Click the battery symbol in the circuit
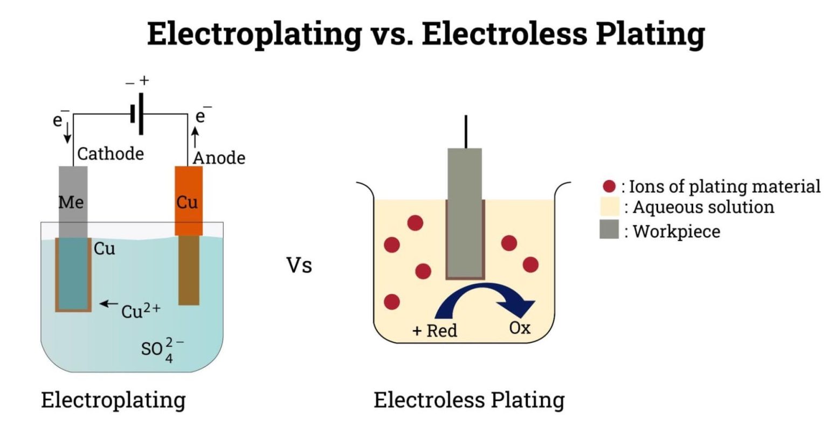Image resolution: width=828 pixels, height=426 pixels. pos(137,114)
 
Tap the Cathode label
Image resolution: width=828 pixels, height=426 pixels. pos(111,154)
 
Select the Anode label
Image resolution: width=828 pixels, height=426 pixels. pos(219,158)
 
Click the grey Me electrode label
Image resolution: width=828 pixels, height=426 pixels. pos(71,202)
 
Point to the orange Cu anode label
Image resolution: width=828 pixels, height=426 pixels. pos(187,202)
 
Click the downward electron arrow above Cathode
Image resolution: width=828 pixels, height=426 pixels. pos(67,134)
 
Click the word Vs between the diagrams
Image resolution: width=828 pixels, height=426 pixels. pos(299,266)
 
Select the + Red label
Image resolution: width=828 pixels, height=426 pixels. pos(434,330)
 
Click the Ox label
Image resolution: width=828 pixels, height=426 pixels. pos(520,327)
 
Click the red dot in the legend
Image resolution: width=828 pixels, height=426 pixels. pos(609,186)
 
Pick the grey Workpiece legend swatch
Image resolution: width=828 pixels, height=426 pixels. pos(609,229)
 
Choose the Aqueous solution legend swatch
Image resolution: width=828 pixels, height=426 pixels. pos(609,207)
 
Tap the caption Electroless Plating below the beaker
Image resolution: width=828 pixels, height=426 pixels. pos(469,400)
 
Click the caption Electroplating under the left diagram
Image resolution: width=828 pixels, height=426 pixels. pos(113,400)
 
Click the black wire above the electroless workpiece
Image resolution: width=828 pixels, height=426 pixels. pos(465,131)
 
